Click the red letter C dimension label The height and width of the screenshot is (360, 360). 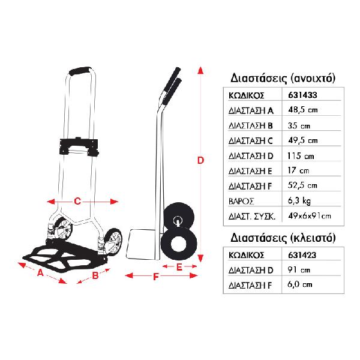coord(77,202)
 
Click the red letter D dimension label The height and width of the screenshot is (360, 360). coord(200,160)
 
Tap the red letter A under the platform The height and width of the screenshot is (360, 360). coord(40,273)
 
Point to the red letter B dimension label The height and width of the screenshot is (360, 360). coord(95,275)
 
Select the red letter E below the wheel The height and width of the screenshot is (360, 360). coord(179,267)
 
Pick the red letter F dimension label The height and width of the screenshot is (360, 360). coord(156,277)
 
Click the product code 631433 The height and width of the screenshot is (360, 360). coord(302,95)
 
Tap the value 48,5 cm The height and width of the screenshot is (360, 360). coord(303,110)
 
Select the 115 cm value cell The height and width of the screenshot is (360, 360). coord(301,156)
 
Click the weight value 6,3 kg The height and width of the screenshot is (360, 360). coord(299,201)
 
